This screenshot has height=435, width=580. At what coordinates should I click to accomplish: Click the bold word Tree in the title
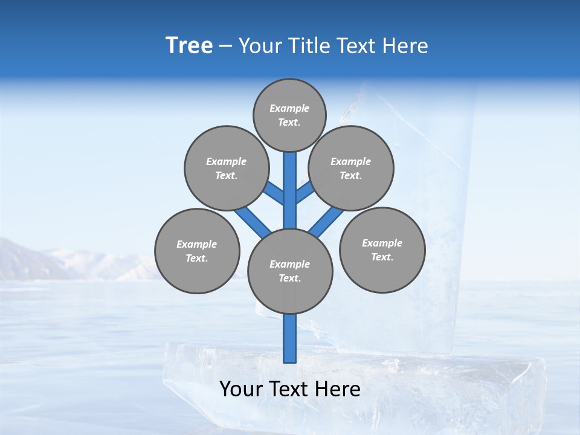pyautogui.click(x=189, y=46)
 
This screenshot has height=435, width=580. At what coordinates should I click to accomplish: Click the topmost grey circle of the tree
pyautogui.click(x=289, y=115)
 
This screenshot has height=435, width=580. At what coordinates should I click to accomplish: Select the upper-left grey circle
pyautogui.click(x=226, y=168)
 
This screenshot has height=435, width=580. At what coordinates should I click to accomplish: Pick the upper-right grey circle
pyautogui.click(x=351, y=168)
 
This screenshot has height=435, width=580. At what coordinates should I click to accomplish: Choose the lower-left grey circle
pyautogui.click(x=197, y=251)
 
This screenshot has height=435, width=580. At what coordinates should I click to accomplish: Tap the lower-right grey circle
pyautogui.click(x=382, y=250)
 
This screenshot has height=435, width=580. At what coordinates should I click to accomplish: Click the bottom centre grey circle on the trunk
pyautogui.click(x=290, y=271)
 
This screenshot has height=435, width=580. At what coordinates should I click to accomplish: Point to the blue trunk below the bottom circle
pyautogui.click(x=290, y=338)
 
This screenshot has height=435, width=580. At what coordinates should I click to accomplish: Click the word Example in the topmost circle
pyautogui.click(x=289, y=108)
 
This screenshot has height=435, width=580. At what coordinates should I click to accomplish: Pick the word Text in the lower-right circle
pyautogui.click(x=382, y=257)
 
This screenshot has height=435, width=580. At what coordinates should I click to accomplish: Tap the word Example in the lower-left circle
pyautogui.click(x=197, y=244)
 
